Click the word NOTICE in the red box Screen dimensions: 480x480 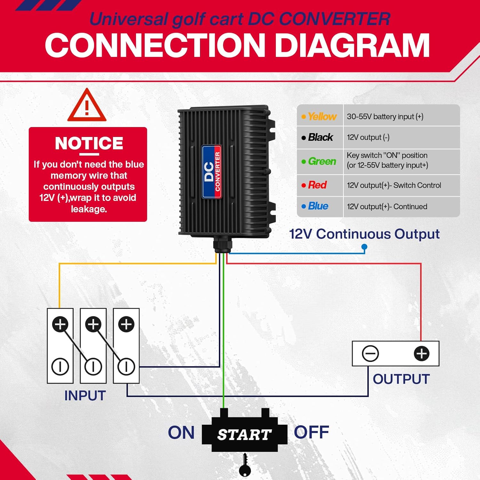[89, 143]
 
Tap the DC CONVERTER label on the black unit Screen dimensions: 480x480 [212, 172]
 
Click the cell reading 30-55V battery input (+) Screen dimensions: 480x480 [385, 116]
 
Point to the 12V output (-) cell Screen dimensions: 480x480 [368, 137]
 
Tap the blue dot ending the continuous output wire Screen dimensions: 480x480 [364, 247]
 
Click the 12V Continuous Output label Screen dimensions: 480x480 [364, 234]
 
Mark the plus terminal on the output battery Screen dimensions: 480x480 [421, 354]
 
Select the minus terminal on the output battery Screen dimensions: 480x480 [370, 354]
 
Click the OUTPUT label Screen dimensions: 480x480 [401, 379]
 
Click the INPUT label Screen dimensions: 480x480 [85, 396]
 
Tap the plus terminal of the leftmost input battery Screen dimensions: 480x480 [60, 324]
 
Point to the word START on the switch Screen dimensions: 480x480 [244, 435]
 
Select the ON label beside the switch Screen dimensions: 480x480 [181, 433]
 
